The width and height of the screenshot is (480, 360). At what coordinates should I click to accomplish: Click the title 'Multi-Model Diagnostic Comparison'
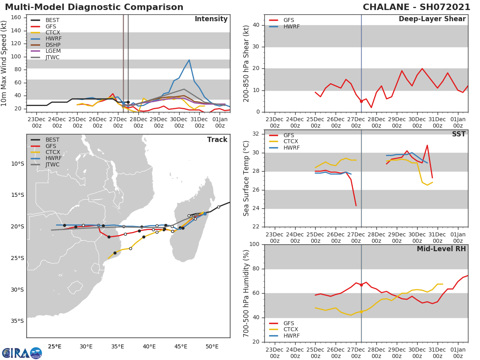coord(94,7)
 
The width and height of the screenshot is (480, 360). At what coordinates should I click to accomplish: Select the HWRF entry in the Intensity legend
coord(53,38)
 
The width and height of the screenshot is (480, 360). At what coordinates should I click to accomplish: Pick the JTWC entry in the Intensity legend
coord(52,57)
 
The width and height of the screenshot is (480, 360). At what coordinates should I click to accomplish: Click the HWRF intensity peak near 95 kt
coord(189,60)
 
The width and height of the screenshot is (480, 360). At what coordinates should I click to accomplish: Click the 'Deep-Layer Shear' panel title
coord(432,19)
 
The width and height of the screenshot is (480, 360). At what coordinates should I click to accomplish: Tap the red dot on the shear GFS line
coord(361,101)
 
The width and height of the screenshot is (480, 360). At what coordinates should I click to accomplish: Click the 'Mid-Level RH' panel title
coord(441,249)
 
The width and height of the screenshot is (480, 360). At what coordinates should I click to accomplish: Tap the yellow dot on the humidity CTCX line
coord(361,312)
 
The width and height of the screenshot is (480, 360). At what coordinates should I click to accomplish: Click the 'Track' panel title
coord(217,140)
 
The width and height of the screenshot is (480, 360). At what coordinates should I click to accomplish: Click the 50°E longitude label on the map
coord(212,346)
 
